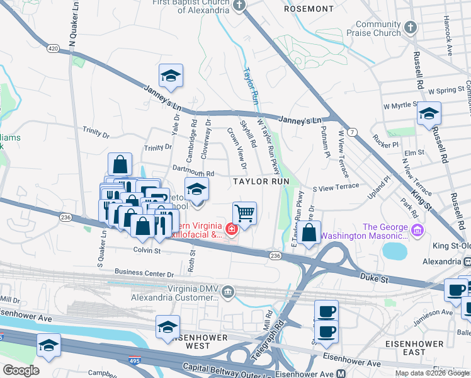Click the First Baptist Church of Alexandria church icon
click(239, 6)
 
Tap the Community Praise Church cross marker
click(410, 28)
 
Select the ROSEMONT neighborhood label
click(309, 9)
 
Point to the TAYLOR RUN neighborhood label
click(261, 181)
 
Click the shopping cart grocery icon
click(244, 212)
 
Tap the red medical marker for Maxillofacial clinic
click(232, 228)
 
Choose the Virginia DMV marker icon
click(228, 291)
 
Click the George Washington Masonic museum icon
click(416, 231)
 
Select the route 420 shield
click(53, 48)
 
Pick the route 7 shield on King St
click(354, 131)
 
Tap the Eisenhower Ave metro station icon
click(340, 374)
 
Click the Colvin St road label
click(147, 250)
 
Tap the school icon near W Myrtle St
click(429, 113)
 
